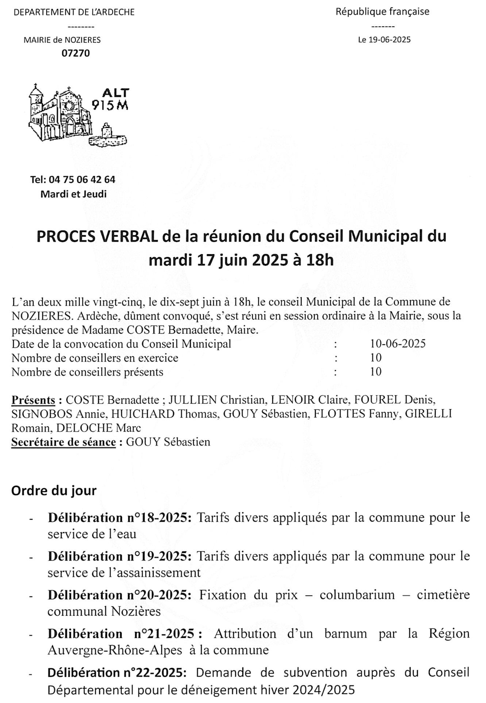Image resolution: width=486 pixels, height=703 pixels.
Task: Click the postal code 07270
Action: [x=75, y=53]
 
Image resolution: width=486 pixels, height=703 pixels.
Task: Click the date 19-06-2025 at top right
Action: [x=390, y=40]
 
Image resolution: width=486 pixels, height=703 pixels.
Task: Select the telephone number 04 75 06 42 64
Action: [x=82, y=180]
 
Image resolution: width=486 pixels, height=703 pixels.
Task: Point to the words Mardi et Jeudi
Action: [x=73, y=194]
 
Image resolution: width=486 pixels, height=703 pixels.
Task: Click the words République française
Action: [x=382, y=12]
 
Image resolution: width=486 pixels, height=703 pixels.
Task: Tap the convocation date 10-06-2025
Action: [x=398, y=344]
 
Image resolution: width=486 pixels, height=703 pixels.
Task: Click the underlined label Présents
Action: [x=33, y=400]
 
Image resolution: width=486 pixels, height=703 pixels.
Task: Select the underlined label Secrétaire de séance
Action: [x=63, y=442]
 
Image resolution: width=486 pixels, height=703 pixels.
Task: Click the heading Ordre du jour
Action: [x=54, y=491]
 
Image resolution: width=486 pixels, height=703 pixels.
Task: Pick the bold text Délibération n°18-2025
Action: [x=120, y=518]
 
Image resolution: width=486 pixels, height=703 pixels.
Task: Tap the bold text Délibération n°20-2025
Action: [x=120, y=595]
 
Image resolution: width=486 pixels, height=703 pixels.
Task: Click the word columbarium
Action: [x=357, y=595]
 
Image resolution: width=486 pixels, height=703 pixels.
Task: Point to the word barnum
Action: [x=346, y=633]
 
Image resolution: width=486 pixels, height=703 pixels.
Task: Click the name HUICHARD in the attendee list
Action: [x=143, y=414]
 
